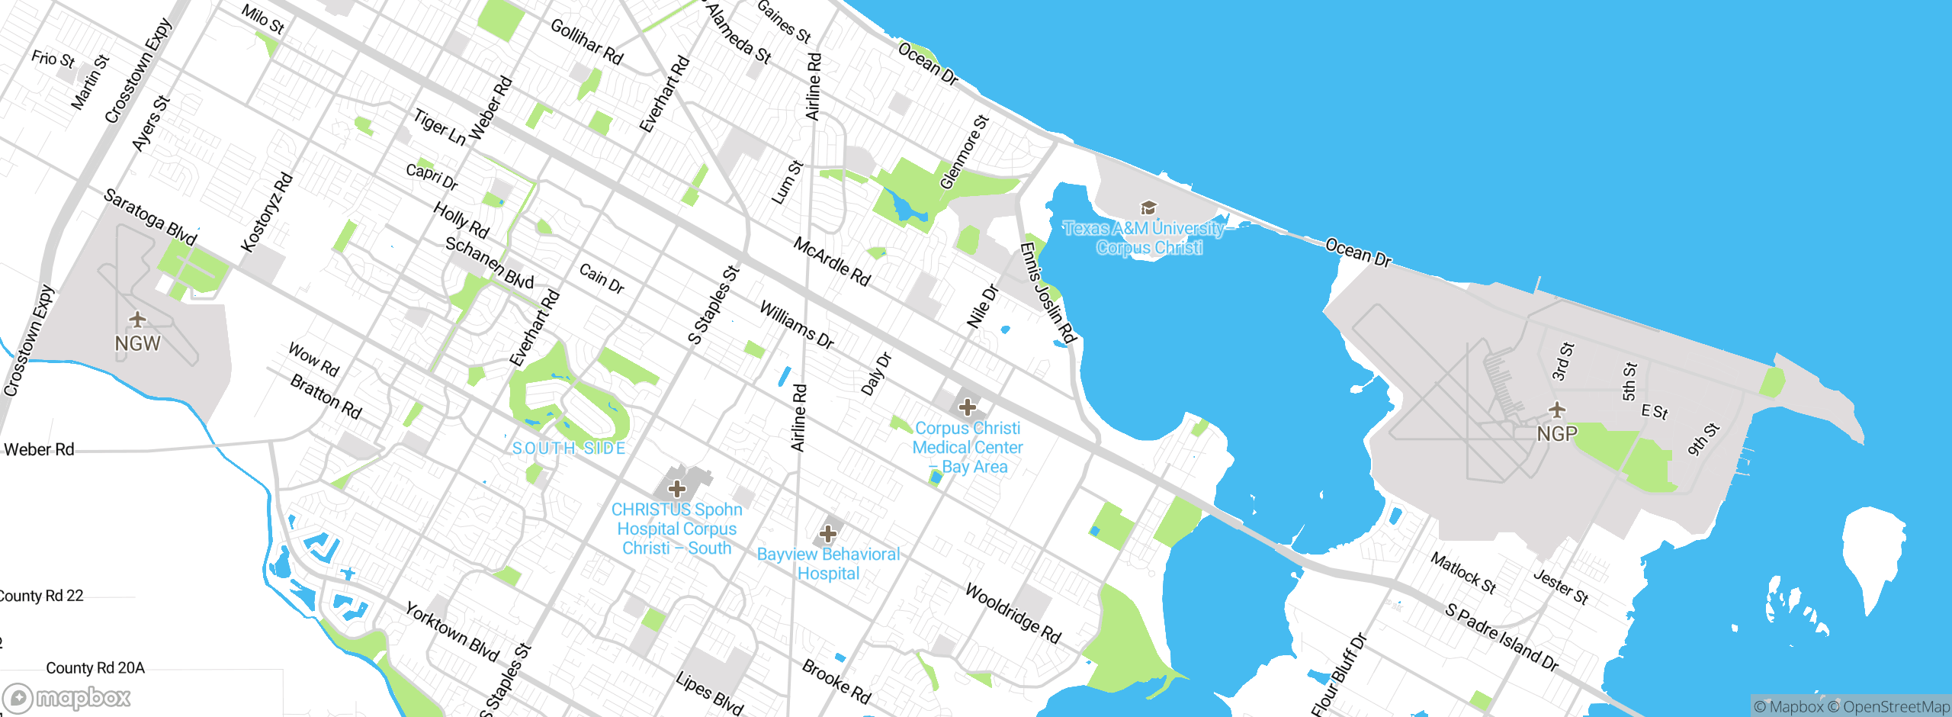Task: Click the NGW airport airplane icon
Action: coord(137,319)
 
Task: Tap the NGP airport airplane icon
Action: coord(1557,410)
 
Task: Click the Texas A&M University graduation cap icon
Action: coord(1148,207)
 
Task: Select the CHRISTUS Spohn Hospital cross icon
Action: coord(676,488)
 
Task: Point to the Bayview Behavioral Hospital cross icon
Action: coord(827,534)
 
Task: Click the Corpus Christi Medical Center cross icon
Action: coord(967,407)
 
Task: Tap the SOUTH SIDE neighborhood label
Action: coord(569,449)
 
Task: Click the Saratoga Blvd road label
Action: coord(150,217)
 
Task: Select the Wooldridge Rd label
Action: coord(1013,613)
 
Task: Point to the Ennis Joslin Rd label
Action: coord(1047,293)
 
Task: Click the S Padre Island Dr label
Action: coord(1501,638)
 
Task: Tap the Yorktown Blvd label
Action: coord(451,632)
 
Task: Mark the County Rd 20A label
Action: coord(95,668)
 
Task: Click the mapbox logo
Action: coord(67,697)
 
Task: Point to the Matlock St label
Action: coord(1462,573)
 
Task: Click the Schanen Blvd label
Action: coord(489,263)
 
